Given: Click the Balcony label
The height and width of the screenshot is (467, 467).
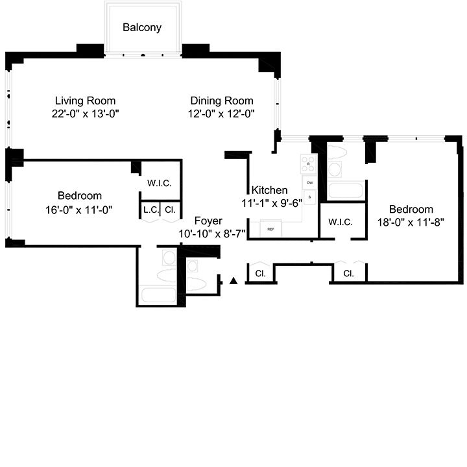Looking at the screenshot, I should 142,28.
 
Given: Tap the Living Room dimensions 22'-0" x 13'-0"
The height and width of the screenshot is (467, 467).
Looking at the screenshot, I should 85,113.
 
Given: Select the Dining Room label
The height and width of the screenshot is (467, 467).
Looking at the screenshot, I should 222,101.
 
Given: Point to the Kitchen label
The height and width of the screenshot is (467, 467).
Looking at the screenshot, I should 269,190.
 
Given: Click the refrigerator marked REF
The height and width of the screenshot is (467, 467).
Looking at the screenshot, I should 270,229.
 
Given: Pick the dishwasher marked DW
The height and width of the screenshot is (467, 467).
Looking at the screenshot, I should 310,184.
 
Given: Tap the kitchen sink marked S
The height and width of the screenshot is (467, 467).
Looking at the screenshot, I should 310,197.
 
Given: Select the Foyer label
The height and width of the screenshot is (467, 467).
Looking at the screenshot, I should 208,221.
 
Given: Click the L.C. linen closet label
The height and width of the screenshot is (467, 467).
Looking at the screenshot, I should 151,210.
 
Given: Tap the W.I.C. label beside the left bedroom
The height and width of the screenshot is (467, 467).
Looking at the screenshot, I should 159,184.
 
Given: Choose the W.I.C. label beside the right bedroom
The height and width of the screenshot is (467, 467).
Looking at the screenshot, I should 341,222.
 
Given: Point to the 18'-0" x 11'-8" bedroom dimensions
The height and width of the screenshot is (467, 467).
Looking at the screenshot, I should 411,222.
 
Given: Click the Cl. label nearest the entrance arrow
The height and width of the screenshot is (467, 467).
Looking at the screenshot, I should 260,274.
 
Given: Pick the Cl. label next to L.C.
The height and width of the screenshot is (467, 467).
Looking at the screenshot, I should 169,210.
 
